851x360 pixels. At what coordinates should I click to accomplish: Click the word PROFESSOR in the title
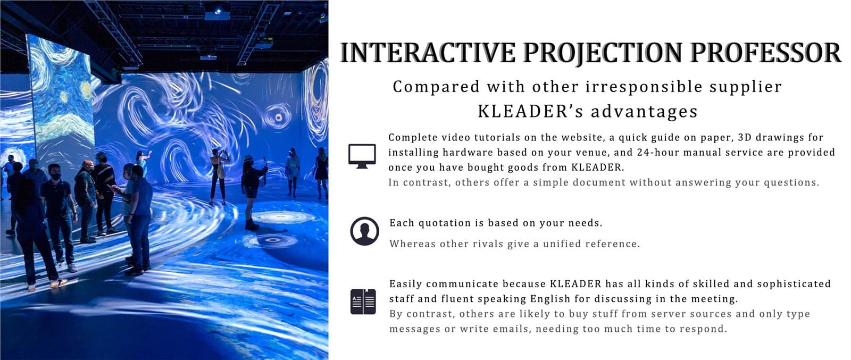pyautogui.click(x=766, y=53)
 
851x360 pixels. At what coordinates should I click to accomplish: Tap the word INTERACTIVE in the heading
pyautogui.click(x=428, y=53)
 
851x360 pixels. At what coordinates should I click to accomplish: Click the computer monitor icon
pyautogui.click(x=362, y=156)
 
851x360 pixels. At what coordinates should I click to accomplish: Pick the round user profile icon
pyautogui.click(x=364, y=231)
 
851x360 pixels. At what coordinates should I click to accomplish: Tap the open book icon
pyautogui.click(x=363, y=302)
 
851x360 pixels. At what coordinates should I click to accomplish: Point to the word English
pyautogui.click(x=551, y=299)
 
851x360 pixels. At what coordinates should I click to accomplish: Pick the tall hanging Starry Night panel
pyautogui.click(x=61, y=103)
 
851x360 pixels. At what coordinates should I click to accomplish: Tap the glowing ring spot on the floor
pyautogui.click(x=272, y=240)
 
